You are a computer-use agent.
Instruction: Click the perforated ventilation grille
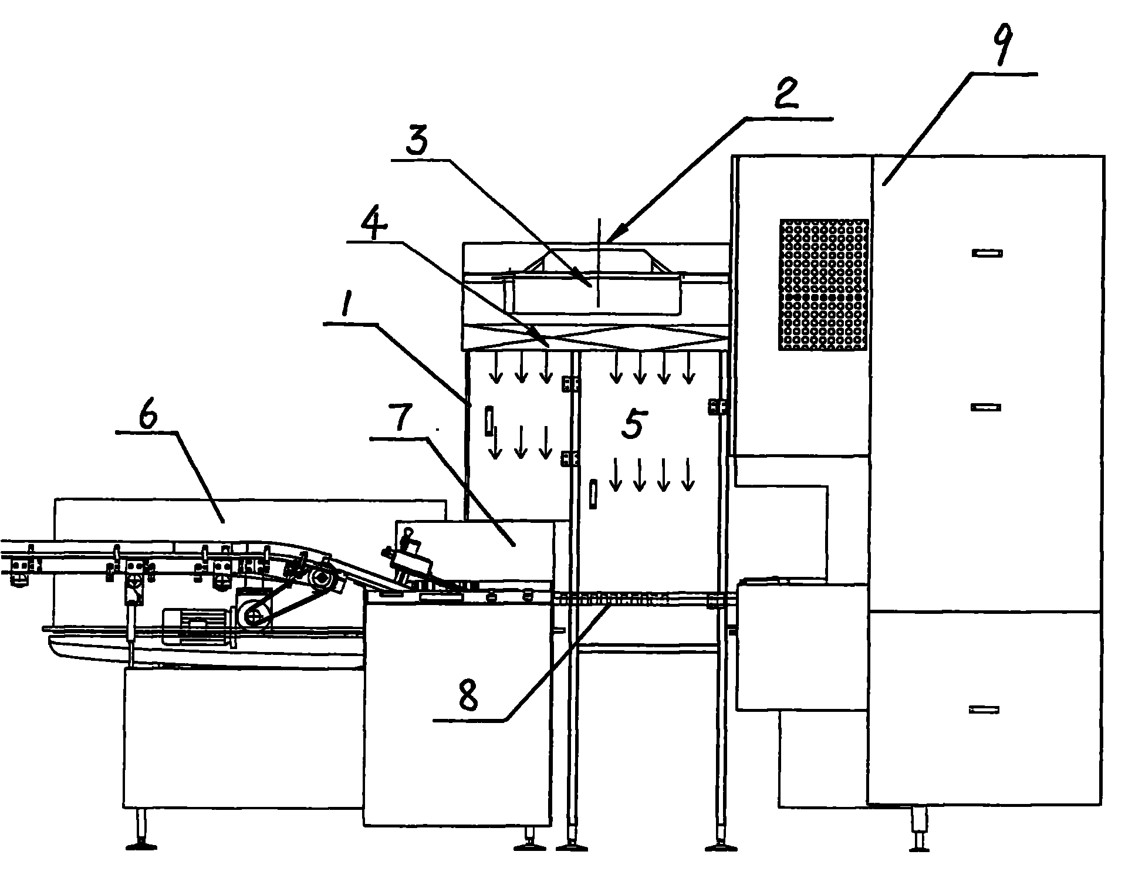[823, 285]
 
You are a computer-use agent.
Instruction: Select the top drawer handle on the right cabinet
[987, 254]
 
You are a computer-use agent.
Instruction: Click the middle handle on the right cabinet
[985, 407]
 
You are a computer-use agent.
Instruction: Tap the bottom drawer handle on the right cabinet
[984, 710]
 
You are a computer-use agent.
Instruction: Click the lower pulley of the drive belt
[254, 617]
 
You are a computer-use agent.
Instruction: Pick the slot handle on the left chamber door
[487, 420]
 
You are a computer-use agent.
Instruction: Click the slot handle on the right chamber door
[593, 494]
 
